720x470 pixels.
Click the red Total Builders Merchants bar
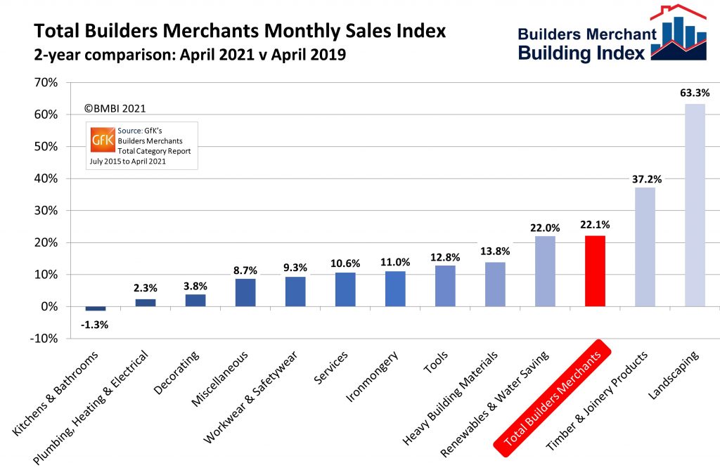click(x=595, y=270)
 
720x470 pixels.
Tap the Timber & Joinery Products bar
click(x=645, y=247)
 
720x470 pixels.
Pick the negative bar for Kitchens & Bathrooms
click(x=95, y=308)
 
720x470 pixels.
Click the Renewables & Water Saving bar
click(x=545, y=270)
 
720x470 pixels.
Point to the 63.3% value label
click(x=695, y=92)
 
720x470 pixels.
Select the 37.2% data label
click(x=645, y=178)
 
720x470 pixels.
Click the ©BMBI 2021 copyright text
click(x=115, y=109)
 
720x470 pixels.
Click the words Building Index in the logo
click(x=581, y=53)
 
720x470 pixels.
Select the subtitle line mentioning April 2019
click(x=190, y=54)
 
